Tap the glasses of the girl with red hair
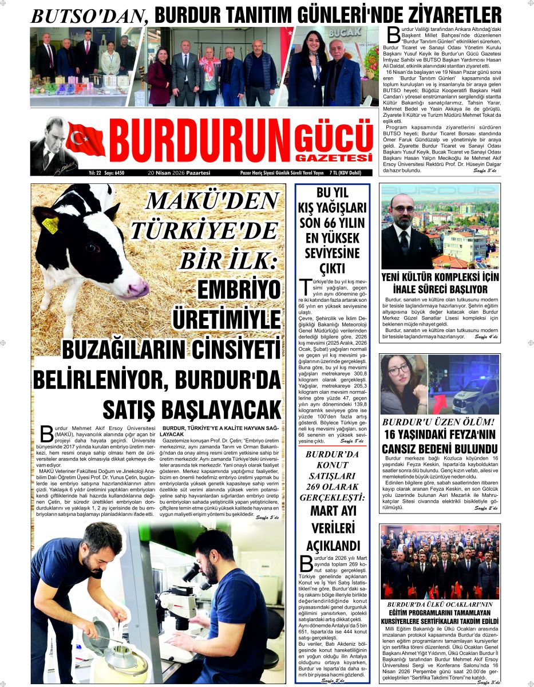pos(398,370)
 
